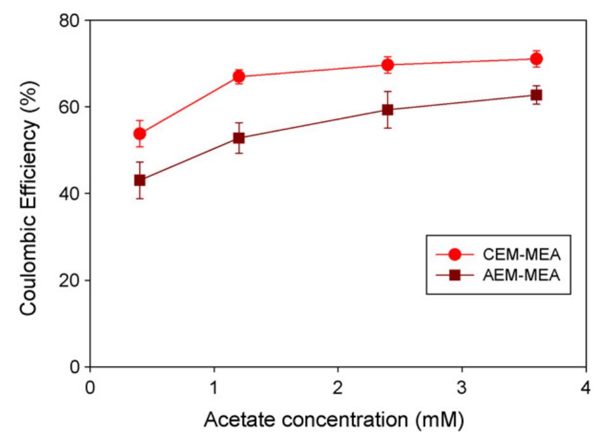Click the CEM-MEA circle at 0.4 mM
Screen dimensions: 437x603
[140, 133]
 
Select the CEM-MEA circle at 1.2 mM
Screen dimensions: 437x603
[239, 76]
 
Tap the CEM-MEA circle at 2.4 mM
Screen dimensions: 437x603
[388, 64]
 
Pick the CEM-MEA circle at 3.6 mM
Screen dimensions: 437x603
[536, 58]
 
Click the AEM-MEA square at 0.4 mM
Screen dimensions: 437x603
[140, 180]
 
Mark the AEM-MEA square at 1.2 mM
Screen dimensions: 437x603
[239, 138]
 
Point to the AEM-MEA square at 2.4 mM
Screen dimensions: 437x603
[388, 109]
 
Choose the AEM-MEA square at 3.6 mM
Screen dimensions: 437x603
[536, 95]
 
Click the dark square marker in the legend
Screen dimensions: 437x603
[454, 276]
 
